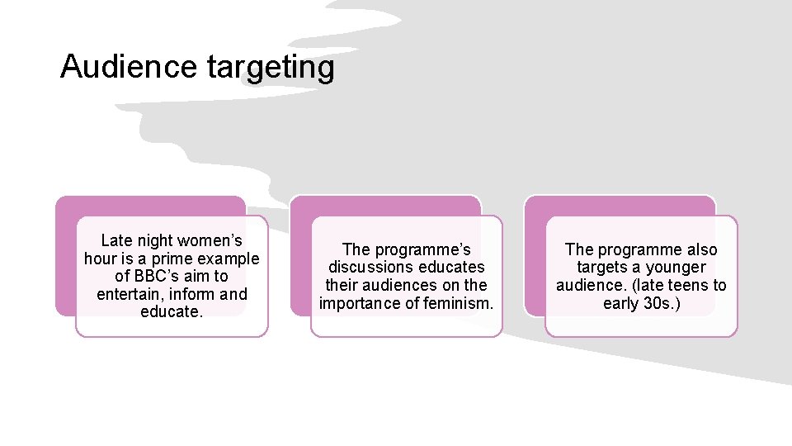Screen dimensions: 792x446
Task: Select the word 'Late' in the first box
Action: click(x=115, y=241)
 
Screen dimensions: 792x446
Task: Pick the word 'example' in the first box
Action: click(x=228, y=259)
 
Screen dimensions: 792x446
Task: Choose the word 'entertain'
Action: click(x=126, y=294)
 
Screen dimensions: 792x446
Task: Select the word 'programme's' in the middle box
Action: click(x=422, y=249)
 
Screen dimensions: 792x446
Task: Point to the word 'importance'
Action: click(x=359, y=303)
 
